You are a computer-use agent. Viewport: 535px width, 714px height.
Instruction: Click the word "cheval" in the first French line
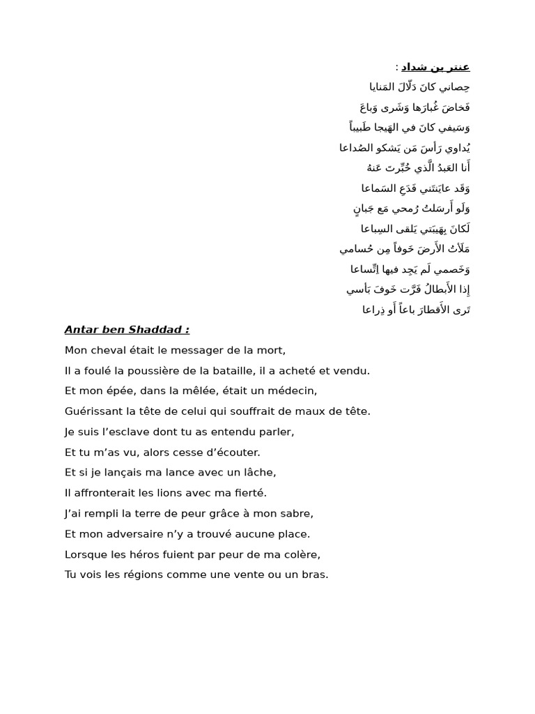click(106, 350)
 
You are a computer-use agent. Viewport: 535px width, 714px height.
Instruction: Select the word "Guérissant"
click(92, 411)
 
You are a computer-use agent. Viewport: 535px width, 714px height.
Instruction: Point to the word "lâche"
click(261, 472)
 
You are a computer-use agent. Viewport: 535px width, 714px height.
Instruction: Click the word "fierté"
click(249, 493)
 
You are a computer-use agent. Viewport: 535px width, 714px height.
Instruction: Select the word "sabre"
click(297, 513)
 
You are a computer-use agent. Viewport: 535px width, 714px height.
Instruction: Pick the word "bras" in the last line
click(313, 575)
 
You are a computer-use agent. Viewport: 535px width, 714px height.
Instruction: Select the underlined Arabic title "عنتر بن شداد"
click(435, 67)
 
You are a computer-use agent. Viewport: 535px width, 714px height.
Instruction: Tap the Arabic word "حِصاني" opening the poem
click(456, 86)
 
